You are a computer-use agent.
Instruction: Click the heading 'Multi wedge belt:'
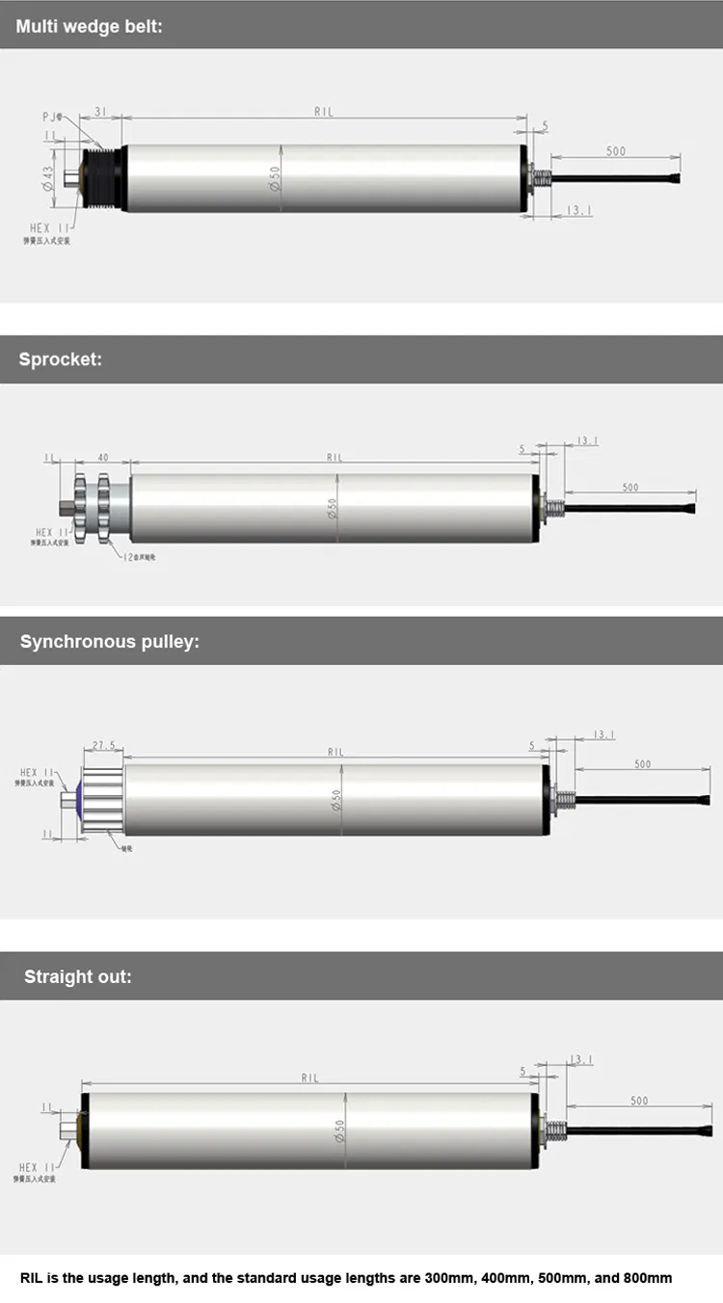pyautogui.click(x=89, y=26)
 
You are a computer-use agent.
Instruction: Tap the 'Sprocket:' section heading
pyautogui.click(x=61, y=359)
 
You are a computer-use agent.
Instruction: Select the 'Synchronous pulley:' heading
pyautogui.click(x=109, y=641)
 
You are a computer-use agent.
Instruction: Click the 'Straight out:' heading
pyautogui.click(x=78, y=976)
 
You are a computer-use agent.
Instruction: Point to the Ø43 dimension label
pyautogui.click(x=47, y=178)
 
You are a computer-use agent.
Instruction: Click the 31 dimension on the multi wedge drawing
pyautogui.click(x=100, y=111)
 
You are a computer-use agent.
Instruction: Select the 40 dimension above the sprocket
pyautogui.click(x=103, y=458)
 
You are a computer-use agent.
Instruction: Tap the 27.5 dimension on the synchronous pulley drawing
pyautogui.click(x=103, y=745)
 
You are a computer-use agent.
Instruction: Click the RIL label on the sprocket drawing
pyautogui.click(x=335, y=458)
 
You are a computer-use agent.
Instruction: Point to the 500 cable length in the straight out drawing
pyautogui.click(x=639, y=1100)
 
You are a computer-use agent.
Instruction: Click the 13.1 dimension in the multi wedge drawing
pyautogui.click(x=578, y=210)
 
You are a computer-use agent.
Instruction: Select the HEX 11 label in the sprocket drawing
pyautogui.click(x=51, y=532)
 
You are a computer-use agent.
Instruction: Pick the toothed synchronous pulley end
pyautogui.click(x=102, y=799)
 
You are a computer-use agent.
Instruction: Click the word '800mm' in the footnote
pyautogui.click(x=648, y=1278)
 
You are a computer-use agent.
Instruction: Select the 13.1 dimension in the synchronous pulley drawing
pyautogui.click(x=603, y=734)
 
